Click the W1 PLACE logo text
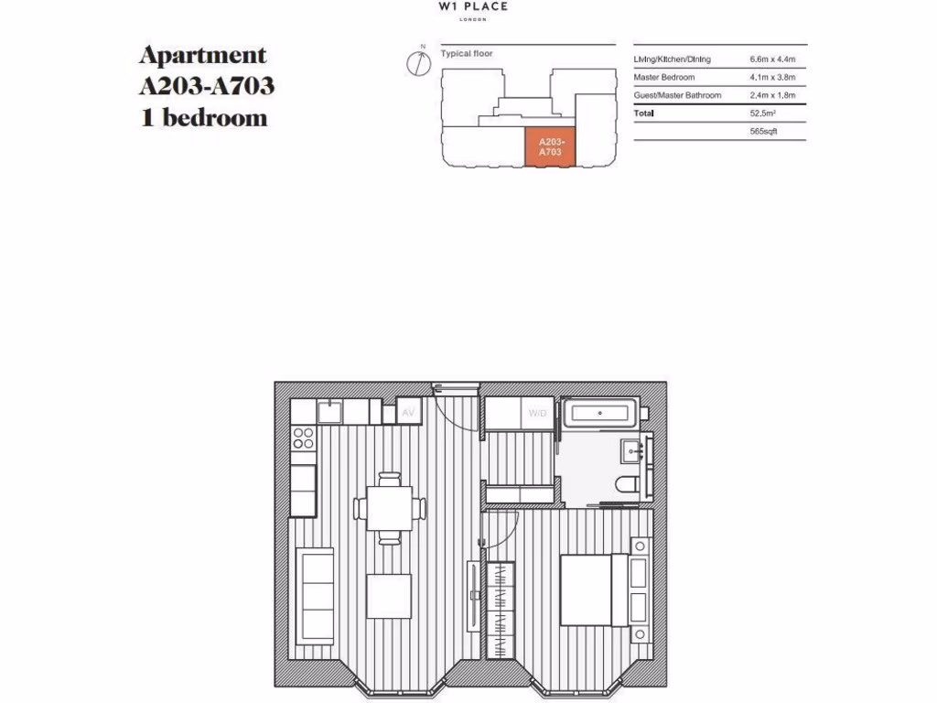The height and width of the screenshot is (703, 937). [x=473, y=6]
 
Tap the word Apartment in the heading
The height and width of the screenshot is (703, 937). [x=202, y=55]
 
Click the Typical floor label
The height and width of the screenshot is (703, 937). [x=467, y=54]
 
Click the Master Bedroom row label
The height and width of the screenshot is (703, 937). [x=664, y=78]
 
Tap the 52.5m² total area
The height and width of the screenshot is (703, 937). [x=764, y=114]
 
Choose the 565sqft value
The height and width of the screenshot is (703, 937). [x=763, y=132]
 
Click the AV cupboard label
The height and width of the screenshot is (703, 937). [x=410, y=413]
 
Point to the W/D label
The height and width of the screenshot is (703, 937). [x=537, y=413]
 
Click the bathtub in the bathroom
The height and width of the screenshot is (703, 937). [x=598, y=414]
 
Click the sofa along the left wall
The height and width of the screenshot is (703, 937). [x=314, y=595]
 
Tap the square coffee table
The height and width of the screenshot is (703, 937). [x=390, y=596]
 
